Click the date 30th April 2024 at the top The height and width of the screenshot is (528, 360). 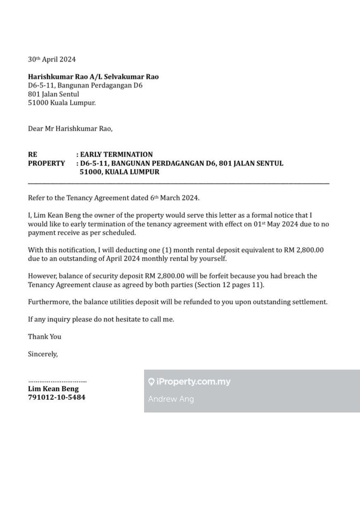(x=52, y=59)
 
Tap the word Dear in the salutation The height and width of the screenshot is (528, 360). (x=35, y=129)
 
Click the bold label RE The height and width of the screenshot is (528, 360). (x=32, y=155)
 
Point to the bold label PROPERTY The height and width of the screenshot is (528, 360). (x=46, y=163)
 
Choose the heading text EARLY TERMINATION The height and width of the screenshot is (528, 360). (x=116, y=155)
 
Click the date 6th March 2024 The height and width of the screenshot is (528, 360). (x=174, y=198)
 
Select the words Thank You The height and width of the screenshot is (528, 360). (x=45, y=337)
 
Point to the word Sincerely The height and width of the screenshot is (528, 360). (x=43, y=354)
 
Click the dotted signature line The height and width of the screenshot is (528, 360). (x=57, y=381)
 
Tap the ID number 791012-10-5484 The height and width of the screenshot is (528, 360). (x=57, y=398)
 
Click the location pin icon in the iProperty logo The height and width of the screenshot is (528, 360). (x=152, y=382)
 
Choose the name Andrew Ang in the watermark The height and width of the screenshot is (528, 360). (x=171, y=399)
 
